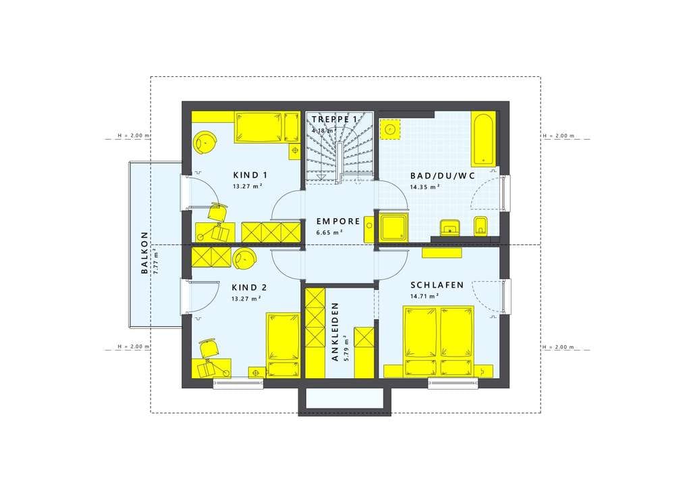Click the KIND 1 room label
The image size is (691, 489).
250,175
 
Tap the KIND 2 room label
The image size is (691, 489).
249,288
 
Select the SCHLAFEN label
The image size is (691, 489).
437,285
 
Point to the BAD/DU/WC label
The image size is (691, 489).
443,176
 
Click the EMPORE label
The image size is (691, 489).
339,222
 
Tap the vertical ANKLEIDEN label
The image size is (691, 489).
335,332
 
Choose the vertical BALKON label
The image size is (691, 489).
144,253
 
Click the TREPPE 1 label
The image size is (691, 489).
335,120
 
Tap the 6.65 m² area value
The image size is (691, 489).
329,232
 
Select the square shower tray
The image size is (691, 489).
393,228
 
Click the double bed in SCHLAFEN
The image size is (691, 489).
439,342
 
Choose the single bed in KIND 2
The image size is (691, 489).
283,345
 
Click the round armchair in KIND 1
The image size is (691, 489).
205,142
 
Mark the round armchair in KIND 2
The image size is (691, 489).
244,259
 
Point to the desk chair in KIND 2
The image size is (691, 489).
209,349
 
